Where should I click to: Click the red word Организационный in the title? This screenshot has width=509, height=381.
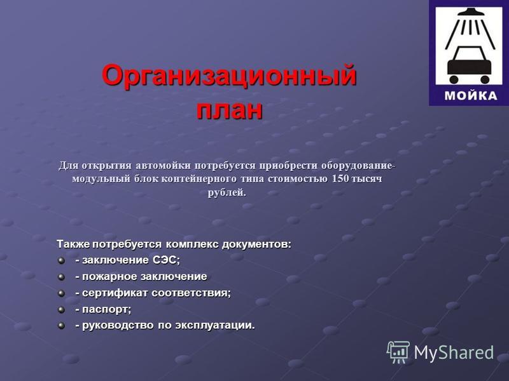[230, 76]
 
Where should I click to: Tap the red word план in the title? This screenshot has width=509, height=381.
[230, 109]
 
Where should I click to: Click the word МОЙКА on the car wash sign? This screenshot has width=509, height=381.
[471, 96]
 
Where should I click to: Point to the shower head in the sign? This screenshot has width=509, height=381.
[469, 12]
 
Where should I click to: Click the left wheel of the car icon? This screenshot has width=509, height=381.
[454, 79]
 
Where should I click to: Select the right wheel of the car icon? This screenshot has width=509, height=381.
[484, 79]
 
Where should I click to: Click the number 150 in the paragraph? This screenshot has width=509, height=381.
[340, 178]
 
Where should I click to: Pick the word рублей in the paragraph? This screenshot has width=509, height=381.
[227, 192]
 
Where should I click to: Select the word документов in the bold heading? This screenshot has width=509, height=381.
[256, 244]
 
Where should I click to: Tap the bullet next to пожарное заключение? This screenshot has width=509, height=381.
[61, 277]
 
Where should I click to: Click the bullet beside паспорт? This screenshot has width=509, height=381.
[61, 310]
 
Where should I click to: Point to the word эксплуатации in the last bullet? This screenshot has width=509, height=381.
[215, 325]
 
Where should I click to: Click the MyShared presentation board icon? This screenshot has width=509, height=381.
[398, 352]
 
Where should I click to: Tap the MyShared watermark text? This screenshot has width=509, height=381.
[454, 352]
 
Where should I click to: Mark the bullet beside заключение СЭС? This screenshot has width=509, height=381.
[61, 260]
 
